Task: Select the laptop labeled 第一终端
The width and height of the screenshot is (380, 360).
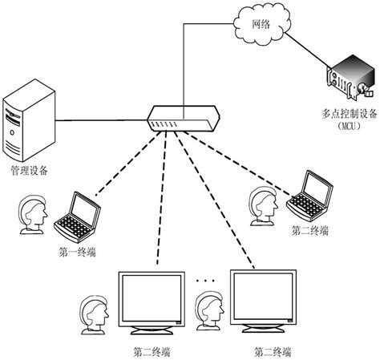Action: tap(77, 214)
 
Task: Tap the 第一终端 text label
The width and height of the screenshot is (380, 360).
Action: tap(77, 252)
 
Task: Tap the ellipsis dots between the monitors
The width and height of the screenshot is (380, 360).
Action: tap(205, 281)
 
